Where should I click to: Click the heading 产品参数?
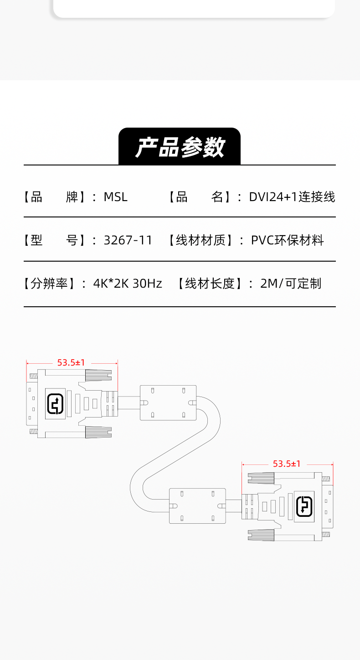180,147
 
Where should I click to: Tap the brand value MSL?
116,197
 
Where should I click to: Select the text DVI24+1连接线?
292,197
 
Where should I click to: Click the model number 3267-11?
128,240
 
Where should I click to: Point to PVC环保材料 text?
287,240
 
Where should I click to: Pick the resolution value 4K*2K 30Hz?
128,284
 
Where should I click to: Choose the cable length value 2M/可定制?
290,284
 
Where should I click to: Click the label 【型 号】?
57,240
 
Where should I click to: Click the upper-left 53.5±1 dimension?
71,363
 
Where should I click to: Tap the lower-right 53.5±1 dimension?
287,464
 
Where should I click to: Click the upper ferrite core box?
168,402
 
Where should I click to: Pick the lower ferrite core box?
197,505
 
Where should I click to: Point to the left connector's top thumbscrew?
98,375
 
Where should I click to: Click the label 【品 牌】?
57,197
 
